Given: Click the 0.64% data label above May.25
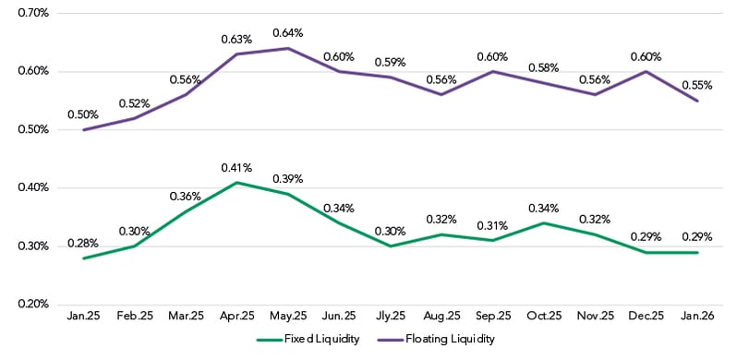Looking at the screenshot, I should coord(288,33).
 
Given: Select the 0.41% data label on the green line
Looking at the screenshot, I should coord(237,168).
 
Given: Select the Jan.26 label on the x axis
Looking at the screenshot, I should coord(697,317).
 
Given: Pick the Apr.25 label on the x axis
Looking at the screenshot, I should coord(237,317).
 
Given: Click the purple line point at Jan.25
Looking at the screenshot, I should coord(84,130).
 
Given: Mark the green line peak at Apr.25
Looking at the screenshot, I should coord(237,183).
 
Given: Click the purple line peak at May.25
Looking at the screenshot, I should coord(289,48).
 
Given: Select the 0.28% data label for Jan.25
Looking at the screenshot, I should coord(83,244).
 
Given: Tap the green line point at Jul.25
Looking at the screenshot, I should coord(391,246).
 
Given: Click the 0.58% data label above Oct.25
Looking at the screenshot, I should coord(544,68).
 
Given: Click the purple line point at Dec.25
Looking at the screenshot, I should coord(646,72).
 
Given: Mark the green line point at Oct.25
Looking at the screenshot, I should coord(544,222).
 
